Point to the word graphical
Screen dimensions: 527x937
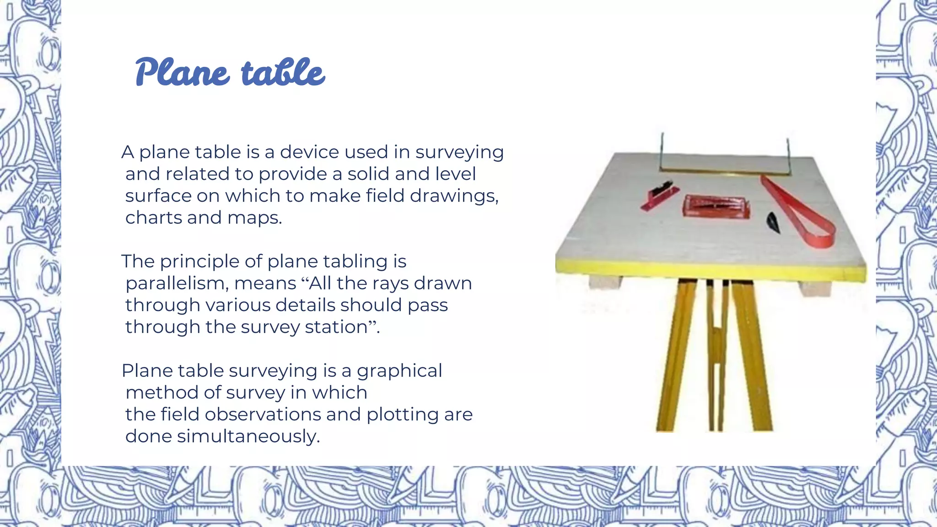coord(399,371)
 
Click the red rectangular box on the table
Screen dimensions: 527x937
coord(716,206)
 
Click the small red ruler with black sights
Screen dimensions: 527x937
coord(659,196)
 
